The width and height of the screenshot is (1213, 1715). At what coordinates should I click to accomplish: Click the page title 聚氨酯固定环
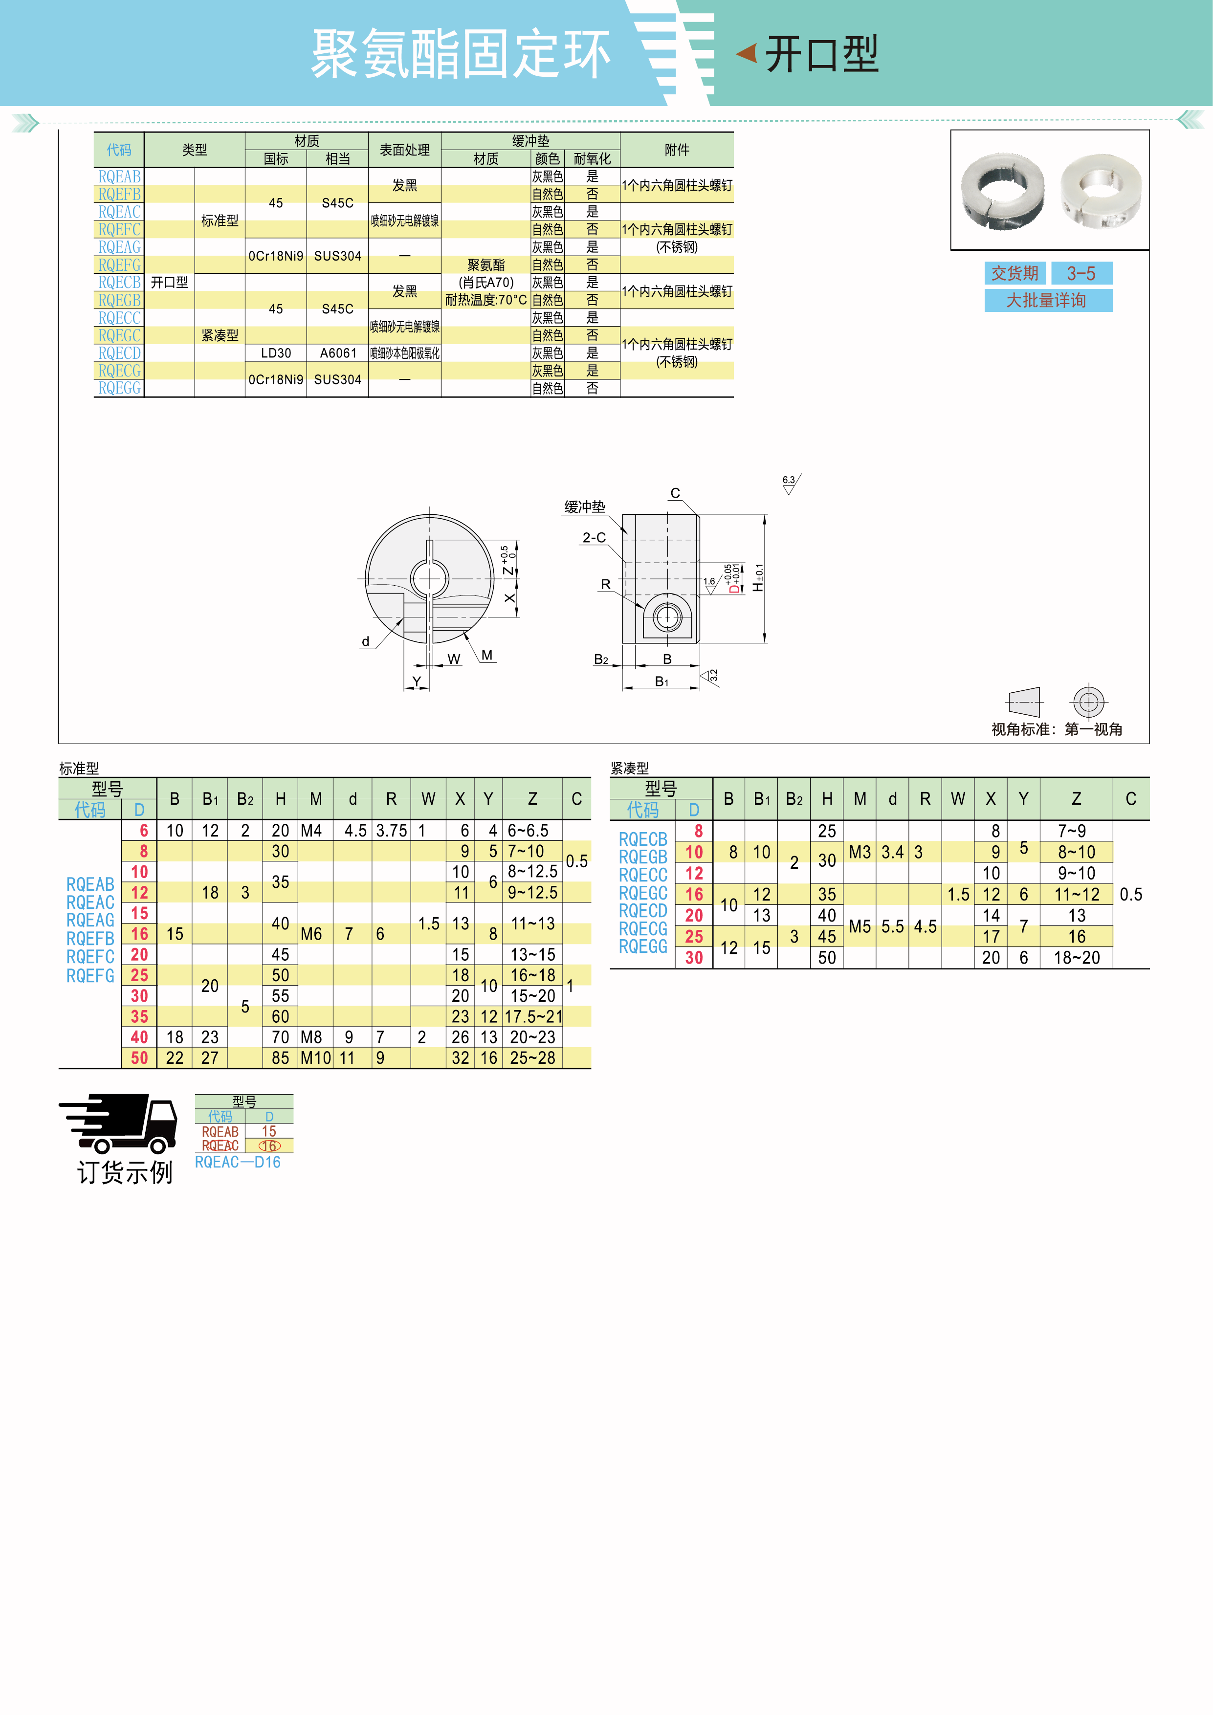(x=461, y=54)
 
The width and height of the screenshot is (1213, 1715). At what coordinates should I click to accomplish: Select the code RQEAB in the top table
(x=119, y=176)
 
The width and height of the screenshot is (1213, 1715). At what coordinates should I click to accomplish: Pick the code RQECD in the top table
(x=119, y=352)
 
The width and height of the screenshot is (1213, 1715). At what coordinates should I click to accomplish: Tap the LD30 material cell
(x=276, y=352)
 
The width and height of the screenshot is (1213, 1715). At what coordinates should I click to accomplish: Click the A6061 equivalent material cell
(x=338, y=352)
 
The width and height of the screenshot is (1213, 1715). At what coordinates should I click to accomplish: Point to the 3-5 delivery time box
(x=1081, y=273)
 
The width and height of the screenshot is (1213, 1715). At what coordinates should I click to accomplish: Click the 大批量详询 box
(x=1048, y=300)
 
